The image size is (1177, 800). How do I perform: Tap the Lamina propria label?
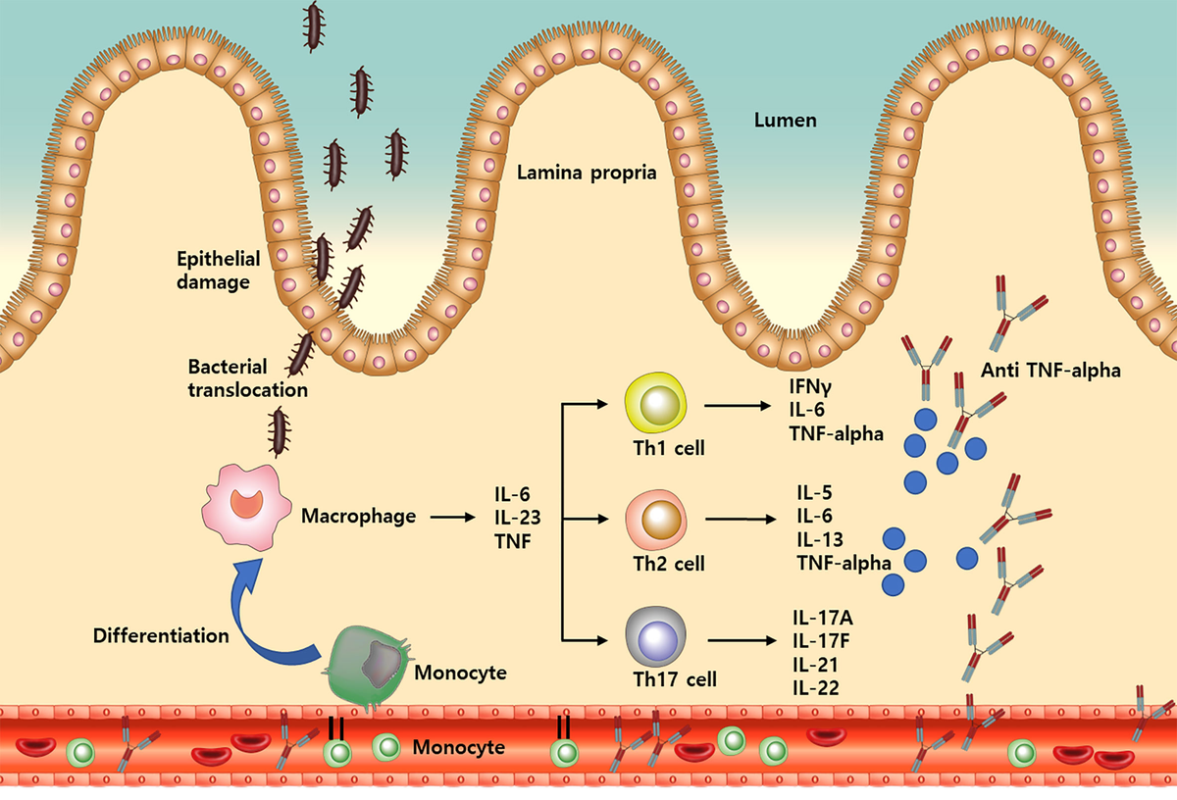click(587, 174)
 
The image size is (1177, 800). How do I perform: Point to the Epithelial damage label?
click(218, 271)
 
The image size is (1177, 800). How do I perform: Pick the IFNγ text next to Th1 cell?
click(811, 384)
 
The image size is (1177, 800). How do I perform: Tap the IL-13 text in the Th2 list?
click(821, 540)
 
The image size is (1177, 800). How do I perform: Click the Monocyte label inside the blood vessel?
click(459, 748)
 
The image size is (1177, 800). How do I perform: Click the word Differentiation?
click(161, 635)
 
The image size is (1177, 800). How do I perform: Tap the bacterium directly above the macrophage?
click(281, 427)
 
